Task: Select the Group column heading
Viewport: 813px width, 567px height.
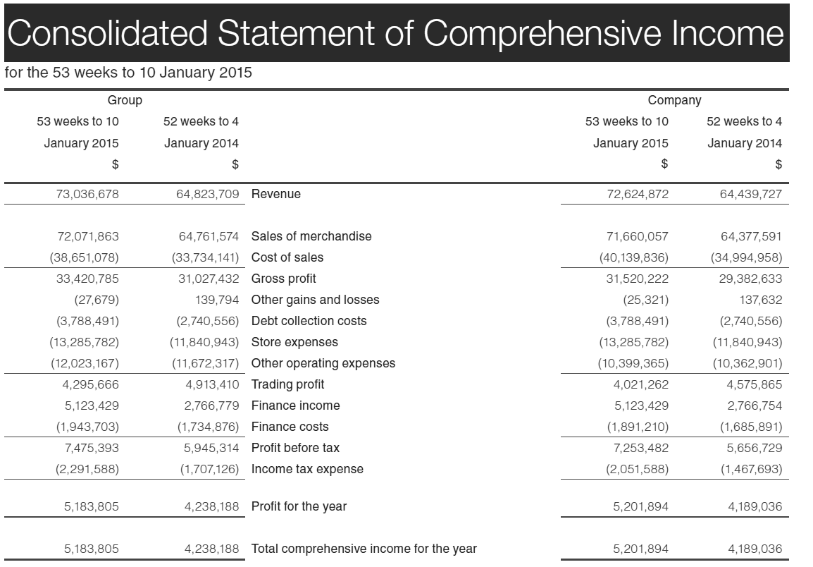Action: pyautogui.click(x=125, y=100)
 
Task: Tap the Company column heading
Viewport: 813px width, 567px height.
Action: pyautogui.click(x=674, y=100)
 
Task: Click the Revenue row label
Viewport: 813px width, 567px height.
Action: pyautogui.click(x=275, y=194)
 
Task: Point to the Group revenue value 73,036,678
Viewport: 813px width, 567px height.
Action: pyautogui.click(x=87, y=194)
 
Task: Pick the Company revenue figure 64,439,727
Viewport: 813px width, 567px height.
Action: pyautogui.click(x=750, y=194)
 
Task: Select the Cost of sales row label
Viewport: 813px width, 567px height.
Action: pyautogui.click(x=287, y=257)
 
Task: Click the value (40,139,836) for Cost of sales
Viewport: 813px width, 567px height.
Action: pyautogui.click(x=633, y=257)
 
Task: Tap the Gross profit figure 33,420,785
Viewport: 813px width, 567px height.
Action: pyautogui.click(x=87, y=279)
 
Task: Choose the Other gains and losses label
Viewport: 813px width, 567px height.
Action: pyautogui.click(x=315, y=300)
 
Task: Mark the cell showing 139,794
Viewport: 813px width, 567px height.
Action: pyautogui.click(x=217, y=300)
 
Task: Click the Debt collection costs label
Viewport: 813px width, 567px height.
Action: pyautogui.click(x=309, y=321)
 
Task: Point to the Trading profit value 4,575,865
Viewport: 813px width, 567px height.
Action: pyautogui.click(x=754, y=384)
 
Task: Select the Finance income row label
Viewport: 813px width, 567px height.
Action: pyautogui.click(x=295, y=406)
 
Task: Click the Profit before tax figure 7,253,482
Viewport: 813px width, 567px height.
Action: pyautogui.click(x=637, y=448)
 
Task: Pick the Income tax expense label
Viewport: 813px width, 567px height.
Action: pyautogui.click(x=307, y=469)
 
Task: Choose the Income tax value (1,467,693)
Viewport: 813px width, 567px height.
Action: pyautogui.click(x=750, y=469)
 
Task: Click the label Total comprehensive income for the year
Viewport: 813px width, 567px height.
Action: pyautogui.click(x=364, y=549)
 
